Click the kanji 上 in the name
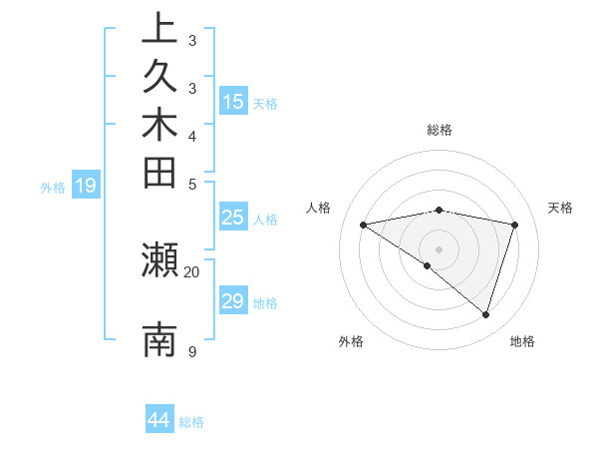(x=159, y=29)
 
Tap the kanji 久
(x=159, y=77)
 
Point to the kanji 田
(x=159, y=173)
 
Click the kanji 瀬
(x=159, y=261)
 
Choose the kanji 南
(x=159, y=340)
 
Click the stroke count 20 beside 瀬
(x=192, y=271)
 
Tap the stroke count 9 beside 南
(x=191, y=351)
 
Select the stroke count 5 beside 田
(x=191, y=184)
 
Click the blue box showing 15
(x=233, y=101)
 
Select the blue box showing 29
(x=233, y=301)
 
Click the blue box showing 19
(x=86, y=185)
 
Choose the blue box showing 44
(x=159, y=420)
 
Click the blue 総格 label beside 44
(x=191, y=422)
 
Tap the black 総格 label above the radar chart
(x=439, y=130)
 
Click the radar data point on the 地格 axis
(x=485, y=315)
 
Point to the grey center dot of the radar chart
(x=439, y=248)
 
